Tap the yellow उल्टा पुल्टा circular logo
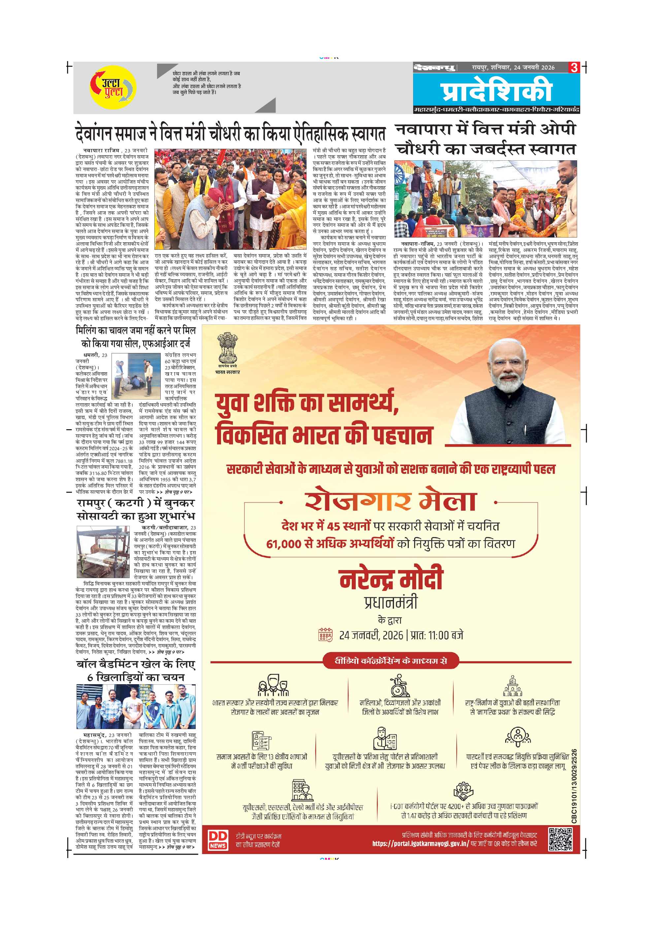click(x=113, y=87)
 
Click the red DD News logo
click(x=218, y=841)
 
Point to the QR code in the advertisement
click(x=560, y=839)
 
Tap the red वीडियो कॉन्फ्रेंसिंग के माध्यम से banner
click(x=391, y=661)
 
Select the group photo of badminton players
click(x=136, y=707)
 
